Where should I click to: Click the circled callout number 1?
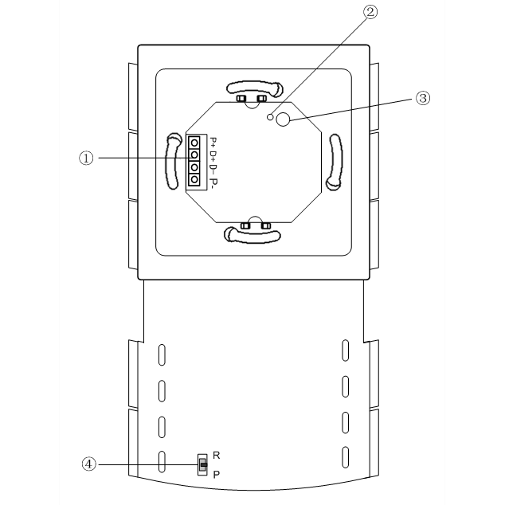[86, 159]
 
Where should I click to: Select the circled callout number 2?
[370, 12]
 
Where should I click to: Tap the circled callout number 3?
[422, 98]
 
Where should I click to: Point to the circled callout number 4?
[88, 464]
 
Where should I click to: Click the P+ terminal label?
[213, 142]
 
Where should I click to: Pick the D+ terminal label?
[213, 155]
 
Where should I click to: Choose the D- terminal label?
[213, 168]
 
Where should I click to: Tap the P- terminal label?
[213, 182]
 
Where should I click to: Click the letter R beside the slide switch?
[217, 456]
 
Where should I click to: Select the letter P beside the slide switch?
[217, 475]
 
